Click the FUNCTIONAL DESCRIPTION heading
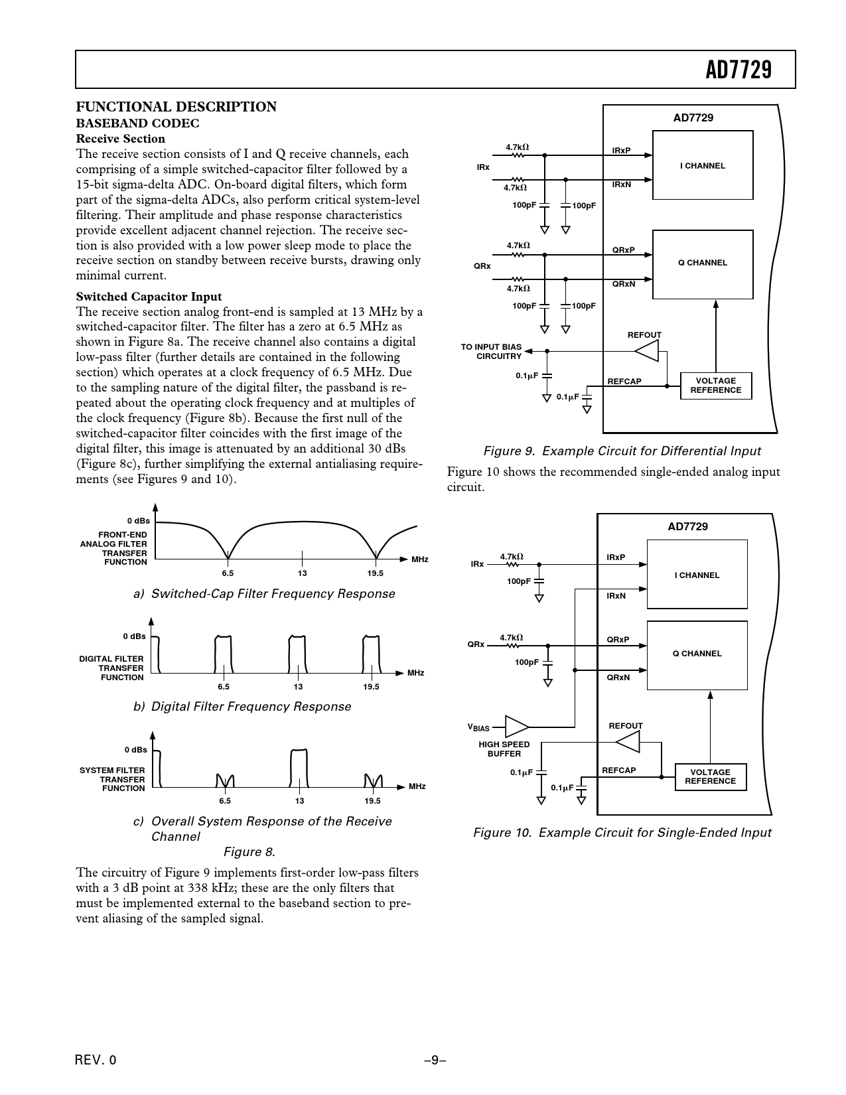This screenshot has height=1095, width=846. tap(176, 107)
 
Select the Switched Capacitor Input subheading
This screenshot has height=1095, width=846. tap(149, 297)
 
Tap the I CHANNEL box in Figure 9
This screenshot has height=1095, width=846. tap(702, 165)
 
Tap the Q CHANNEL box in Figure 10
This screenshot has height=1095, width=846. tap(697, 654)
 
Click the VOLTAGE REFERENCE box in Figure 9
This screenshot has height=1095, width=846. tap(715, 386)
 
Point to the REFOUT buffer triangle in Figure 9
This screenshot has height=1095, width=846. tap(649, 351)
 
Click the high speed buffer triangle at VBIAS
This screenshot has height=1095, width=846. tap(516, 726)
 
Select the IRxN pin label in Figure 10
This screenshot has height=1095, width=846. tap(616, 596)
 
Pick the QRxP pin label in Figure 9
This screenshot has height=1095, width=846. tap(623, 250)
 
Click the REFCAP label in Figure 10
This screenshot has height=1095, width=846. tap(618, 770)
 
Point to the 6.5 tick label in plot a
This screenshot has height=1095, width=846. tap(227, 573)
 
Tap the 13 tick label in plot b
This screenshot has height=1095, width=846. tap(298, 686)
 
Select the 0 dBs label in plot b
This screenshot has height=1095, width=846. tap(134, 636)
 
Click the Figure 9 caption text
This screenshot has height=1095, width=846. tap(622, 451)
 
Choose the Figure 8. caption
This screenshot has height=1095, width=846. tap(249, 851)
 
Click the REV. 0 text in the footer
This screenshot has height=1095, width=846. tap(96, 1060)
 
